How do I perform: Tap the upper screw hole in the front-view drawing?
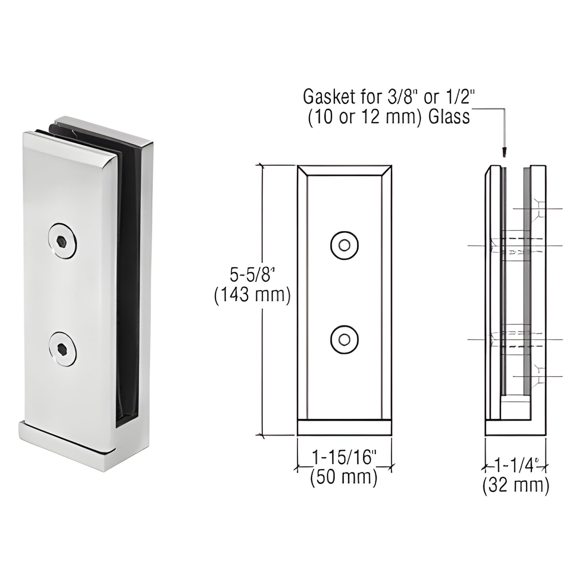pyautogui.click(x=344, y=245)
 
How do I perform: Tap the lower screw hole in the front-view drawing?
pyautogui.click(x=344, y=340)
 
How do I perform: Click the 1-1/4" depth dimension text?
pyautogui.click(x=515, y=467)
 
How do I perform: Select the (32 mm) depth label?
pyautogui.click(x=516, y=486)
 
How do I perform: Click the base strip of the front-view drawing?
pyautogui.click(x=344, y=428)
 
